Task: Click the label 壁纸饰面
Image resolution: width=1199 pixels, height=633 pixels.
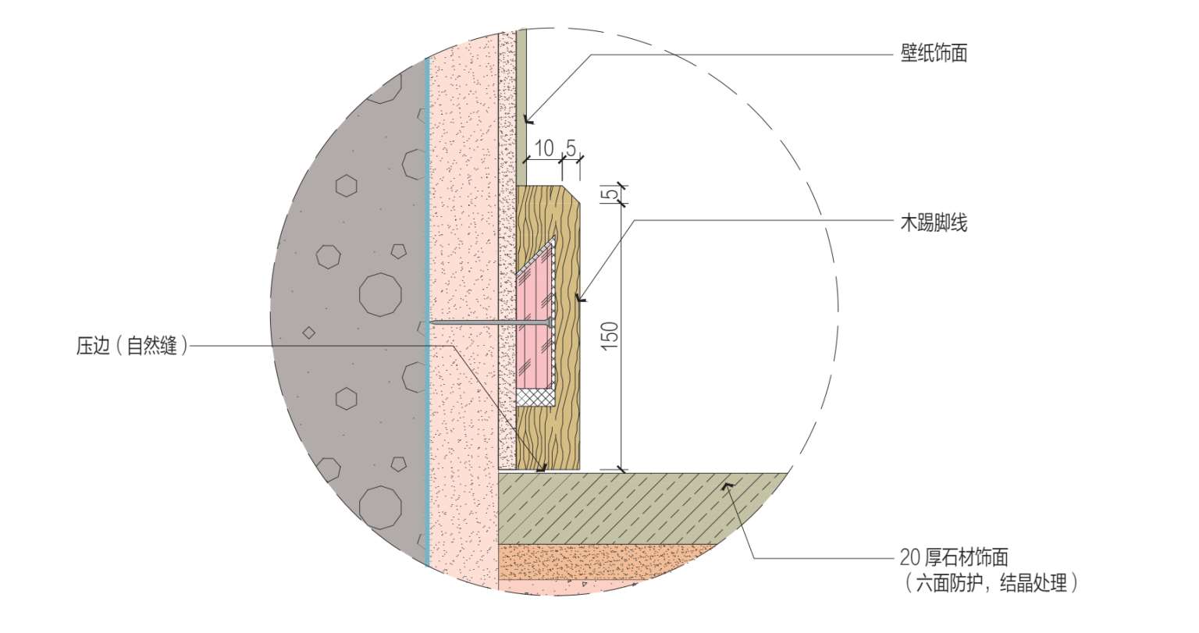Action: pos(934,54)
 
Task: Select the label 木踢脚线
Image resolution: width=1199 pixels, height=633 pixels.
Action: pos(934,222)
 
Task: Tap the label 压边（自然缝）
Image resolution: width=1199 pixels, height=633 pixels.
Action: pos(132,346)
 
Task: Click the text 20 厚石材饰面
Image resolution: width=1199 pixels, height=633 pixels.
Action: pos(954,557)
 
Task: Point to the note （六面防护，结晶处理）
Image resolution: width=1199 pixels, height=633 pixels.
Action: pos(991,583)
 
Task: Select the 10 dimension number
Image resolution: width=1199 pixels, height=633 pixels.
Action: pos(544,148)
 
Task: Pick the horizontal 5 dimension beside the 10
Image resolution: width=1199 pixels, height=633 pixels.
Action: pos(571,148)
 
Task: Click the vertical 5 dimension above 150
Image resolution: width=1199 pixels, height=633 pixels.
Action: pos(610,193)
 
